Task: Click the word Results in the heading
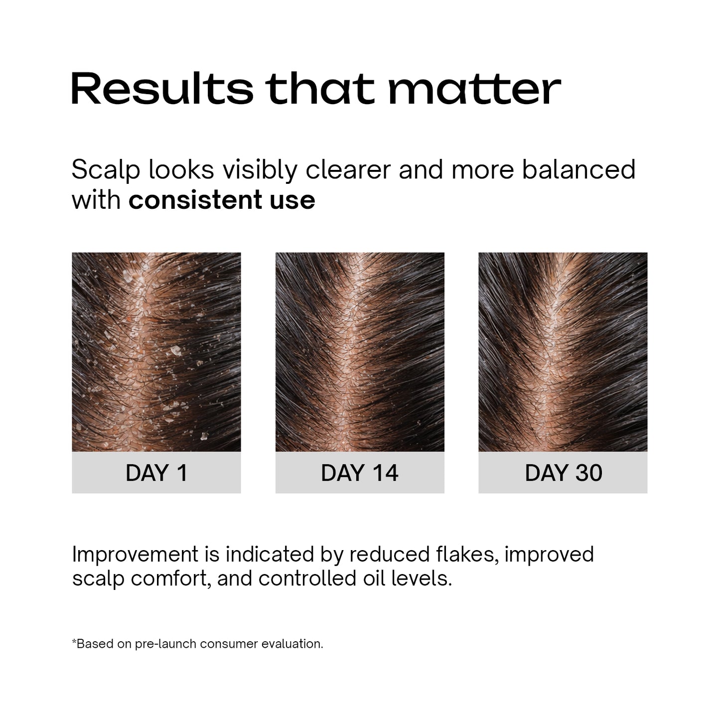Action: [162, 89]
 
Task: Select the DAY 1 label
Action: [156, 473]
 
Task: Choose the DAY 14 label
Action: [360, 473]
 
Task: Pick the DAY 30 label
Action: [563, 473]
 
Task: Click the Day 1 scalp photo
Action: [156, 352]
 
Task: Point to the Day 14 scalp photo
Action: [360, 352]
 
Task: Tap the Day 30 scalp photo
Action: [563, 352]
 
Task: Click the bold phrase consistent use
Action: [222, 200]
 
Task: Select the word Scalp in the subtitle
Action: [106, 170]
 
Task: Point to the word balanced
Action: [578, 169]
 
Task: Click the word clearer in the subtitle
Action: [348, 169]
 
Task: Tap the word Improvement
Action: [136, 555]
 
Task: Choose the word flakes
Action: [466, 555]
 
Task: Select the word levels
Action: [425, 578]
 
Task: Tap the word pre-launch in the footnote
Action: [166, 644]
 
